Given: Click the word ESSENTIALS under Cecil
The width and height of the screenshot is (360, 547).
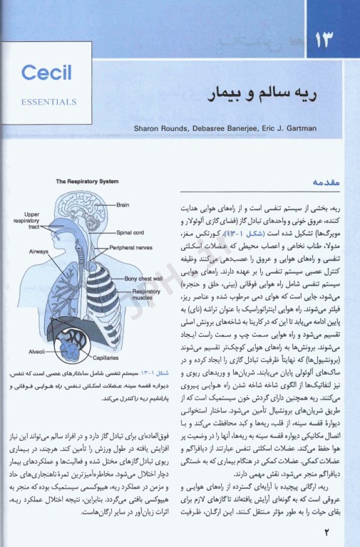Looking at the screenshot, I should pos(49,102).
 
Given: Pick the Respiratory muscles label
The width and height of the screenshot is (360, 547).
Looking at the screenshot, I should pos(146,295).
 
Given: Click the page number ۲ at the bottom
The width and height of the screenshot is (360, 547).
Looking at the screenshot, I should pos(328,530).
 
